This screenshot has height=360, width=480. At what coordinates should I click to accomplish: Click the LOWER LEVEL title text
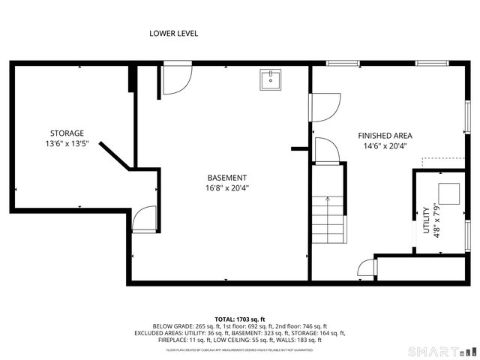click(173, 33)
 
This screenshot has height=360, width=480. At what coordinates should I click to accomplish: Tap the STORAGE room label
click(67, 133)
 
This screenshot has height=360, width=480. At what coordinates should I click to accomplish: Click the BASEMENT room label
click(227, 178)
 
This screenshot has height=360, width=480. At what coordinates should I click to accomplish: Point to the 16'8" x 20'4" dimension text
click(227, 188)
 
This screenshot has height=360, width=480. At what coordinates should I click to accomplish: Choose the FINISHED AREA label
click(385, 136)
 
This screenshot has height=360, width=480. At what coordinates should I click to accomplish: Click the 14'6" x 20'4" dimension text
click(385, 146)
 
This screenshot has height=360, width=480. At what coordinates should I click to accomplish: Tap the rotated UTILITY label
click(426, 220)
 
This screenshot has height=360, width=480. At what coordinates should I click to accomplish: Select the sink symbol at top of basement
click(270, 78)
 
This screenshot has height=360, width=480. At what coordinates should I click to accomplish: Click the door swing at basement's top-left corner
click(175, 81)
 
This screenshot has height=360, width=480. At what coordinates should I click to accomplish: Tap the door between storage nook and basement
click(143, 220)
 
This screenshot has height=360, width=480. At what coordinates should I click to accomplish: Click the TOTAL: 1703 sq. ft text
click(239, 319)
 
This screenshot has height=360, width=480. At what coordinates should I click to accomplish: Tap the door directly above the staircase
click(325, 151)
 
